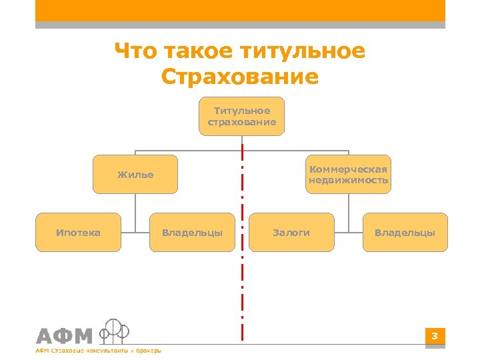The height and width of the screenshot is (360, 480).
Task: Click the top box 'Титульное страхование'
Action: point(241,117)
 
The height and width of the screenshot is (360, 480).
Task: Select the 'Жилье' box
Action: point(135,175)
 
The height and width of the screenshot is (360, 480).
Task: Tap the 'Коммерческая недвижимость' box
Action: point(348,175)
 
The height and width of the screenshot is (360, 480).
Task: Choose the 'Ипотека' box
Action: point(79,232)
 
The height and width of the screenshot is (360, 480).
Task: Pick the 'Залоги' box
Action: point(291,232)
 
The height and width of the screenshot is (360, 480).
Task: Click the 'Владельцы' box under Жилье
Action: point(192,232)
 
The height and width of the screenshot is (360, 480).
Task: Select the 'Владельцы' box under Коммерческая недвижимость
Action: point(405,232)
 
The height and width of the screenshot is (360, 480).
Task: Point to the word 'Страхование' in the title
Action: point(240,77)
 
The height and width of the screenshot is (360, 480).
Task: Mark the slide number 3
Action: point(434,336)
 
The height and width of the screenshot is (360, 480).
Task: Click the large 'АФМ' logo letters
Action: point(64,336)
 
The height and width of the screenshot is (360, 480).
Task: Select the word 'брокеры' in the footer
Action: point(148,351)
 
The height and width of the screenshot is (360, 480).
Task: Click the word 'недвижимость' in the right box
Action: point(348,181)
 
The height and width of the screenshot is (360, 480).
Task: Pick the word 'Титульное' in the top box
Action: point(241,111)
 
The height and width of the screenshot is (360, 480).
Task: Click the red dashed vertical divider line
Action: point(242,267)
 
